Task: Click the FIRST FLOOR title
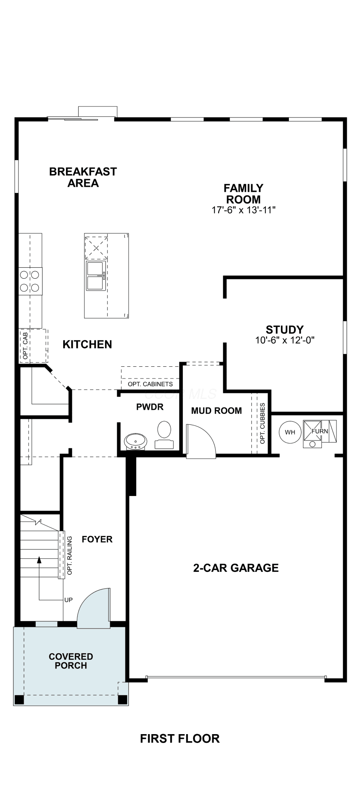180,738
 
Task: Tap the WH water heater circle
290,432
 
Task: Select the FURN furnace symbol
320,434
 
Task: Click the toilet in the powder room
164,435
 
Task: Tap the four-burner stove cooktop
30,281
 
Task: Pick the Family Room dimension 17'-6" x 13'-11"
244,210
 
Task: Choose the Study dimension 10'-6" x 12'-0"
285,340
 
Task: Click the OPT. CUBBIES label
263,423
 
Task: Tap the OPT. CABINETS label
150,384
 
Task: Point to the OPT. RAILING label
70,555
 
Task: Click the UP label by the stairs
68,600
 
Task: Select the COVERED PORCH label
71,661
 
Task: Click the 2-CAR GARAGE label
236,567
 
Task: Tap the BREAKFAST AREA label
83,177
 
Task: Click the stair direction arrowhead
39,560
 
